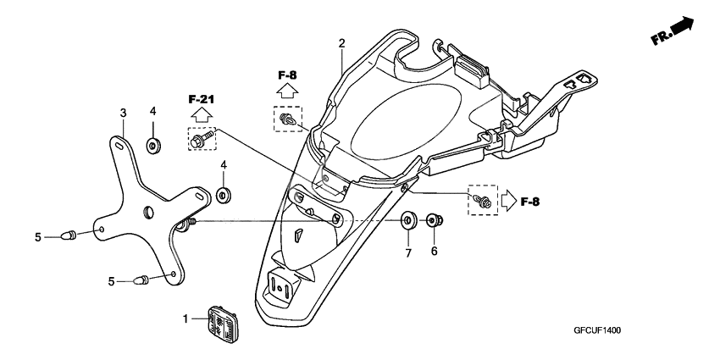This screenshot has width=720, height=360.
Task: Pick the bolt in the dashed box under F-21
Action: click(202, 139)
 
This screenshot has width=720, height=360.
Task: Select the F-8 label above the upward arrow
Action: click(287, 74)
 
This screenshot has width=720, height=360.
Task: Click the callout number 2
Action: click(341, 43)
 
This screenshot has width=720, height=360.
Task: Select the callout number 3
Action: click(123, 113)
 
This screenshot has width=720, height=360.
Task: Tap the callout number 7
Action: click(407, 253)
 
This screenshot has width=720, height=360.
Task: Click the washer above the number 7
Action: click(407, 222)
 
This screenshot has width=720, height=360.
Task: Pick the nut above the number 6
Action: click(433, 222)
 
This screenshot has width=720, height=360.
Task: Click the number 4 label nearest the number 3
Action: click(153, 112)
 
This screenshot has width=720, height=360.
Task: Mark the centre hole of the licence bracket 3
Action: click(148, 211)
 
